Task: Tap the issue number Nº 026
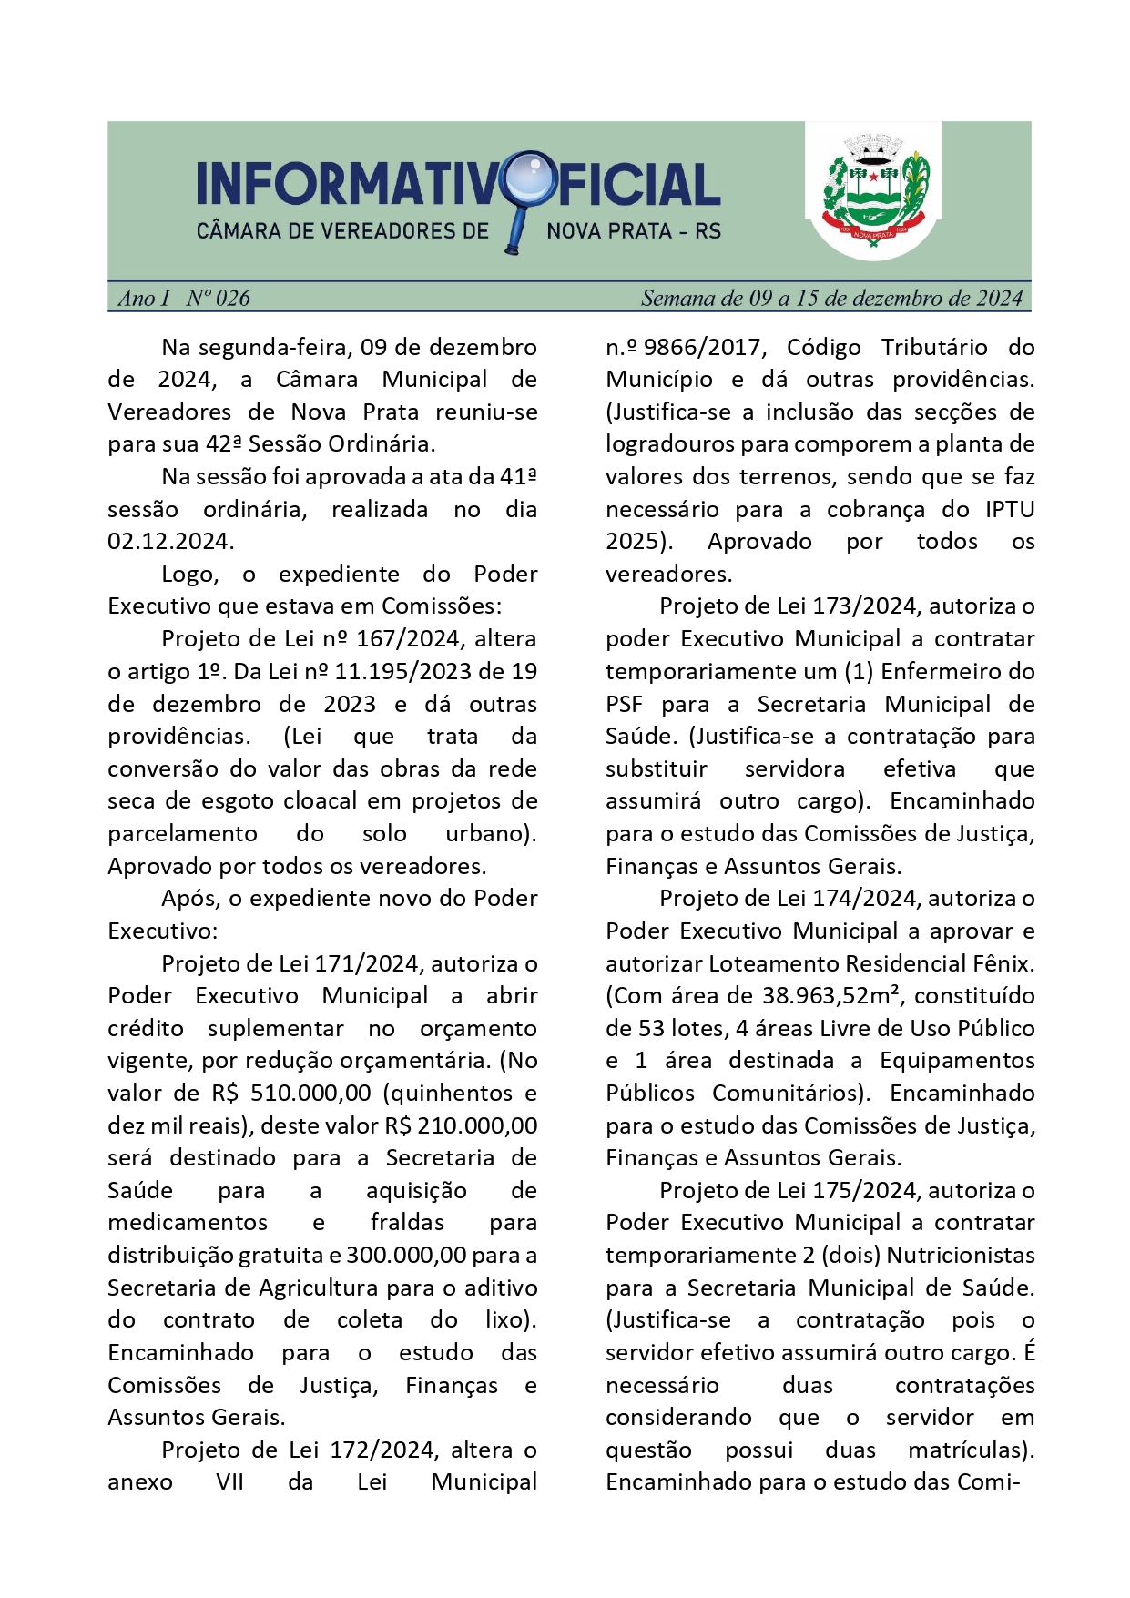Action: pos(219,299)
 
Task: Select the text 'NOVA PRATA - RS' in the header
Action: pos(634,231)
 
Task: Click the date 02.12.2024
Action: pos(170,542)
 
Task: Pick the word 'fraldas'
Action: pos(407,1223)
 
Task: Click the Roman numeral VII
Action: pos(229,1482)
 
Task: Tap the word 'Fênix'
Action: pos(1003,964)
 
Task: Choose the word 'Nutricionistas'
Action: pos(961,1256)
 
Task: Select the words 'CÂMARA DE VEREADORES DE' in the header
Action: pos(342,231)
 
